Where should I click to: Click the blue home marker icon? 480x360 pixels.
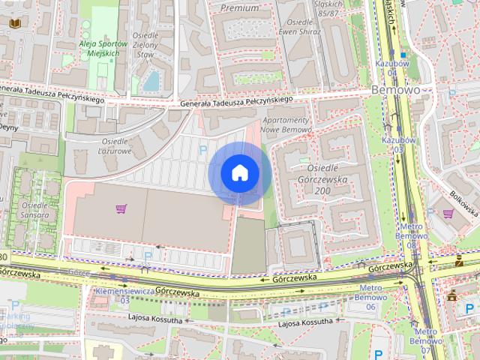(239, 173)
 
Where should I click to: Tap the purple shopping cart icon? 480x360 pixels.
(120, 208)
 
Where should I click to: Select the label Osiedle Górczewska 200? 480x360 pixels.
(325, 180)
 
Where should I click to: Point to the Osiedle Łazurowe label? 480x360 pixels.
(116, 145)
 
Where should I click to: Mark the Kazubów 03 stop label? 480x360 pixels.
(394, 145)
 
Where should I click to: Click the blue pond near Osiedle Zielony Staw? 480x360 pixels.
(152, 79)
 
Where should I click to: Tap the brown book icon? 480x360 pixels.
(14, 23)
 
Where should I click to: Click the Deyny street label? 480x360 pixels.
(8, 127)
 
